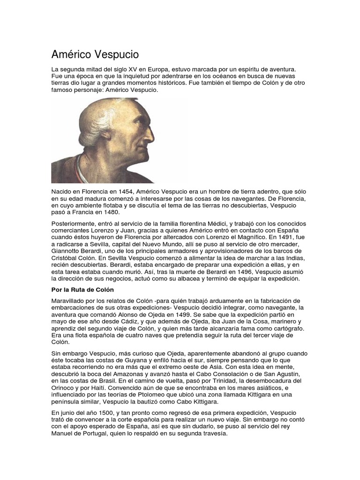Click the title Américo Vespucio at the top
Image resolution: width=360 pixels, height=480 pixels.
(95, 54)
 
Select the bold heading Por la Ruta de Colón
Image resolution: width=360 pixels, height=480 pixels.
(82, 289)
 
